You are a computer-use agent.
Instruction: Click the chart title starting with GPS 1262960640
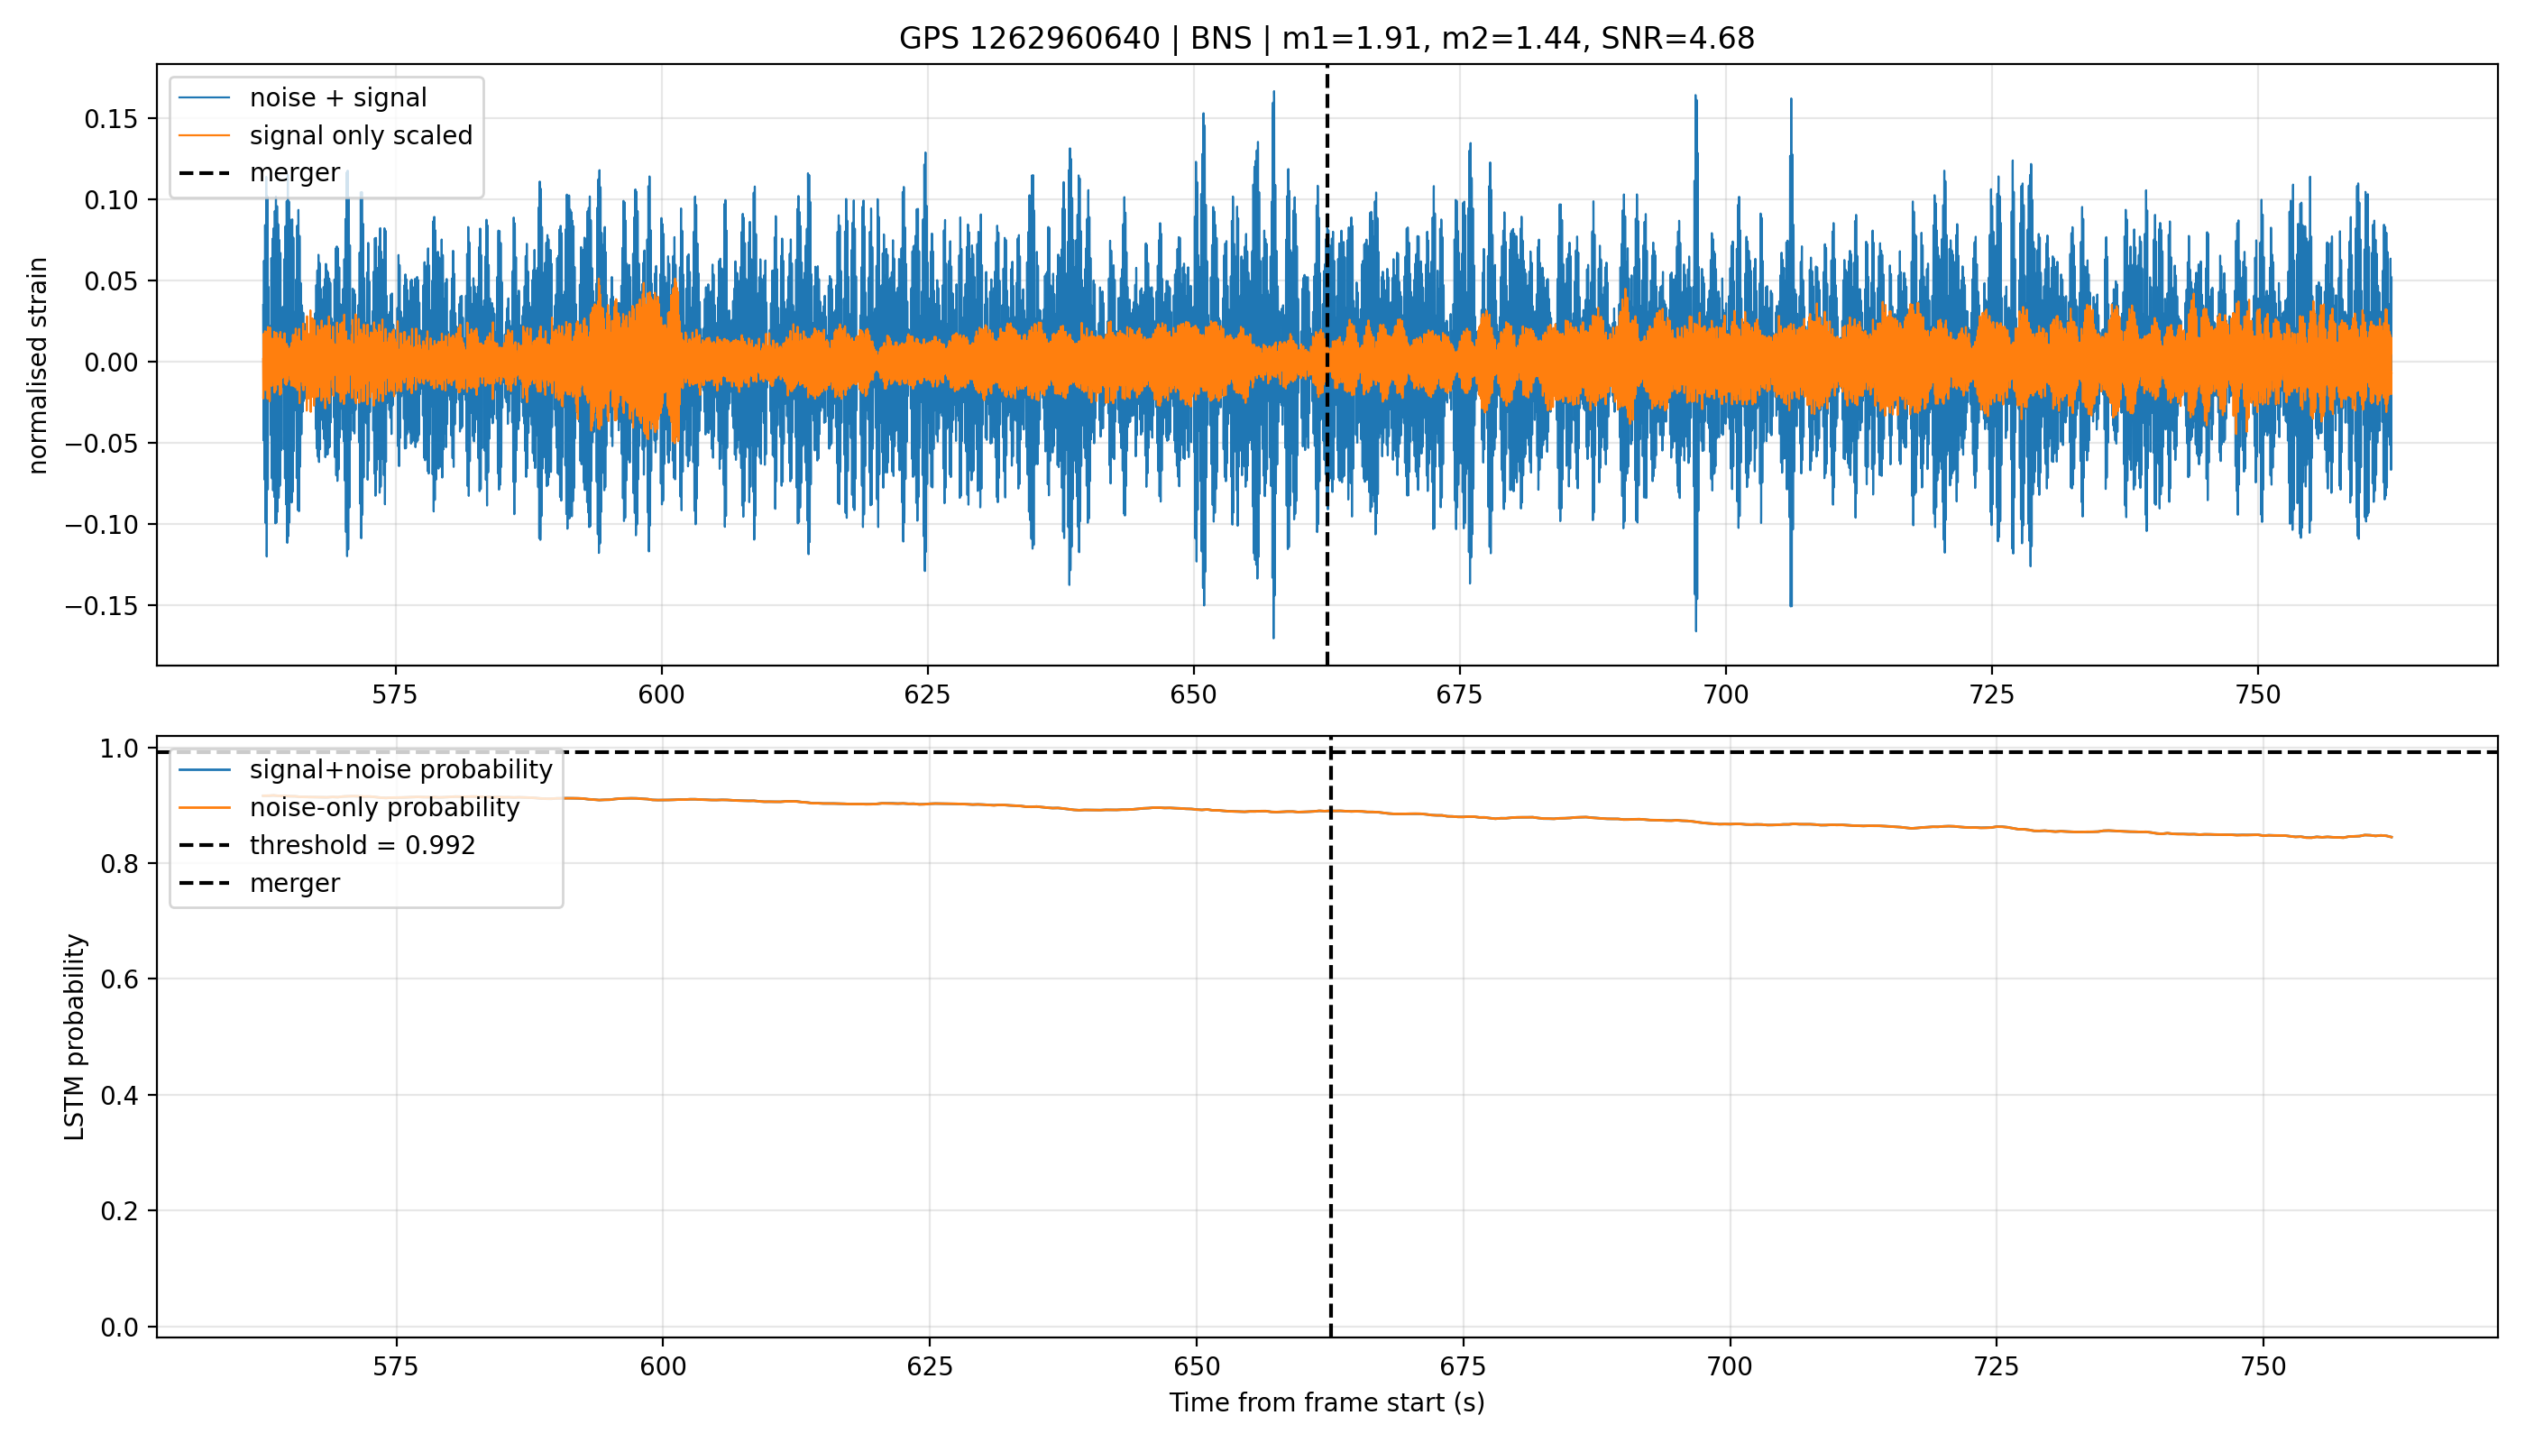tap(1326, 39)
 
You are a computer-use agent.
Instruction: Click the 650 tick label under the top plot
tap(1193, 694)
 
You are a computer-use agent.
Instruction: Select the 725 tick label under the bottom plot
tap(1996, 1366)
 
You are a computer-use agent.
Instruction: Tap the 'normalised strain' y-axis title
tap(38, 365)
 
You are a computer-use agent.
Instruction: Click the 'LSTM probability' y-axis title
tap(74, 1036)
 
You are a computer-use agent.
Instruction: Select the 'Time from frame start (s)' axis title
tap(1327, 1403)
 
